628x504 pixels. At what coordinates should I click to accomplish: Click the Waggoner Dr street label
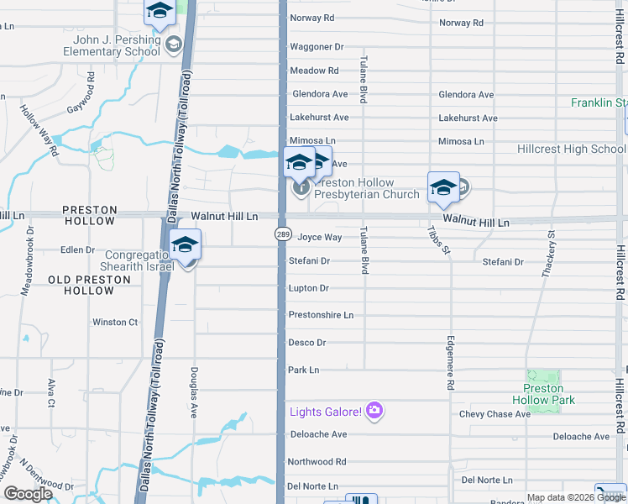pyautogui.click(x=317, y=47)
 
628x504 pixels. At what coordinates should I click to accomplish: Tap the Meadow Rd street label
pyautogui.click(x=314, y=71)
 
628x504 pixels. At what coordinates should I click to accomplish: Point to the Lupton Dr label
pyautogui.click(x=308, y=288)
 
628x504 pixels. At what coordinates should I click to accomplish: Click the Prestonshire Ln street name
pyautogui.click(x=321, y=315)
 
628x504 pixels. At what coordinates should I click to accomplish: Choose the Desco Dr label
pyautogui.click(x=306, y=343)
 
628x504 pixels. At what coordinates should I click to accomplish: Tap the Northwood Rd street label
pyautogui.click(x=317, y=462)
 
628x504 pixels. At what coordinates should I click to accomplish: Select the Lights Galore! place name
pyautogui.click(x=326, y=412)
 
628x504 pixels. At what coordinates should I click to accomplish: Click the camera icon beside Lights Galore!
pyautogui.click(x=374, y=411)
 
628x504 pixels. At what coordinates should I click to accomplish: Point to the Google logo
pyautogui.click(x=28, y=494)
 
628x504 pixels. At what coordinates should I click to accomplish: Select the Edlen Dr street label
pyautogui.click(x=77, y=249)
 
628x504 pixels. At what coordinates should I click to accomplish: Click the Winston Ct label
pyautogui.click(x=115, y=322)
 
